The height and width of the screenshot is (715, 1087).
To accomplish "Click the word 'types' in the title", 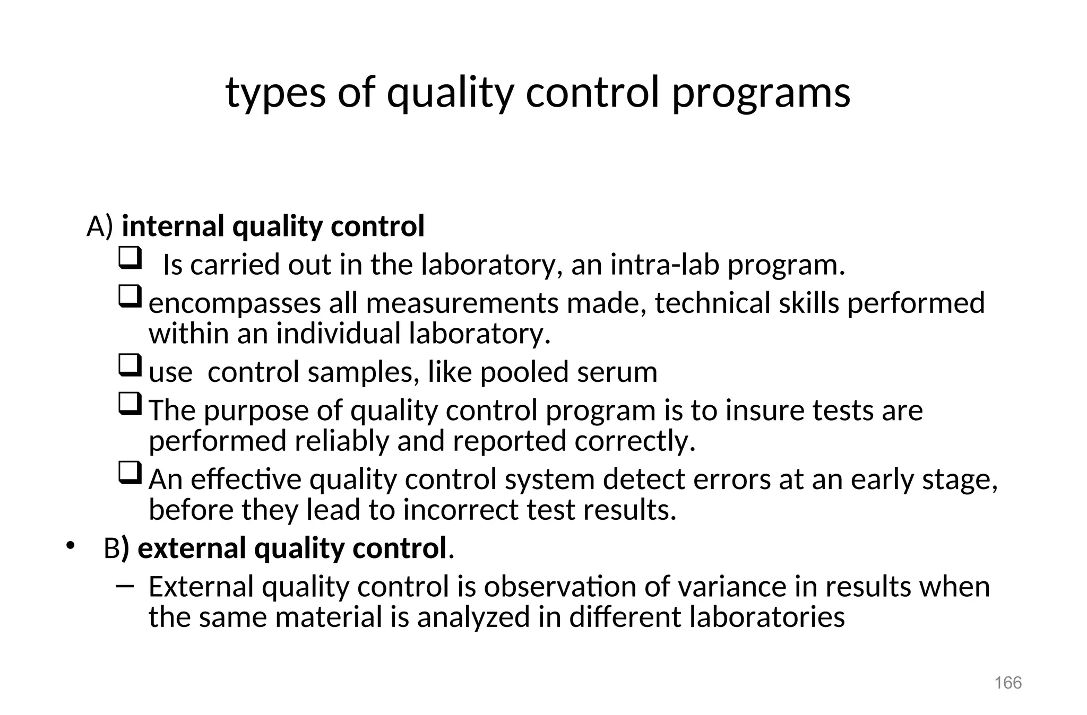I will [275, 93].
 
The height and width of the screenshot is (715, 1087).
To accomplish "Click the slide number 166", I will [1008, 683].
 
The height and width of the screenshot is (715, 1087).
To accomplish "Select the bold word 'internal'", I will [174, 226].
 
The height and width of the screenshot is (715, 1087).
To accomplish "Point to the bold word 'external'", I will [192, 548].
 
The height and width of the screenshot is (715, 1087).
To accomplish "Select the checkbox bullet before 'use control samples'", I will [130, 365].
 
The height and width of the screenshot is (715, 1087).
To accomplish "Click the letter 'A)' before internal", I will [100, 226].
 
